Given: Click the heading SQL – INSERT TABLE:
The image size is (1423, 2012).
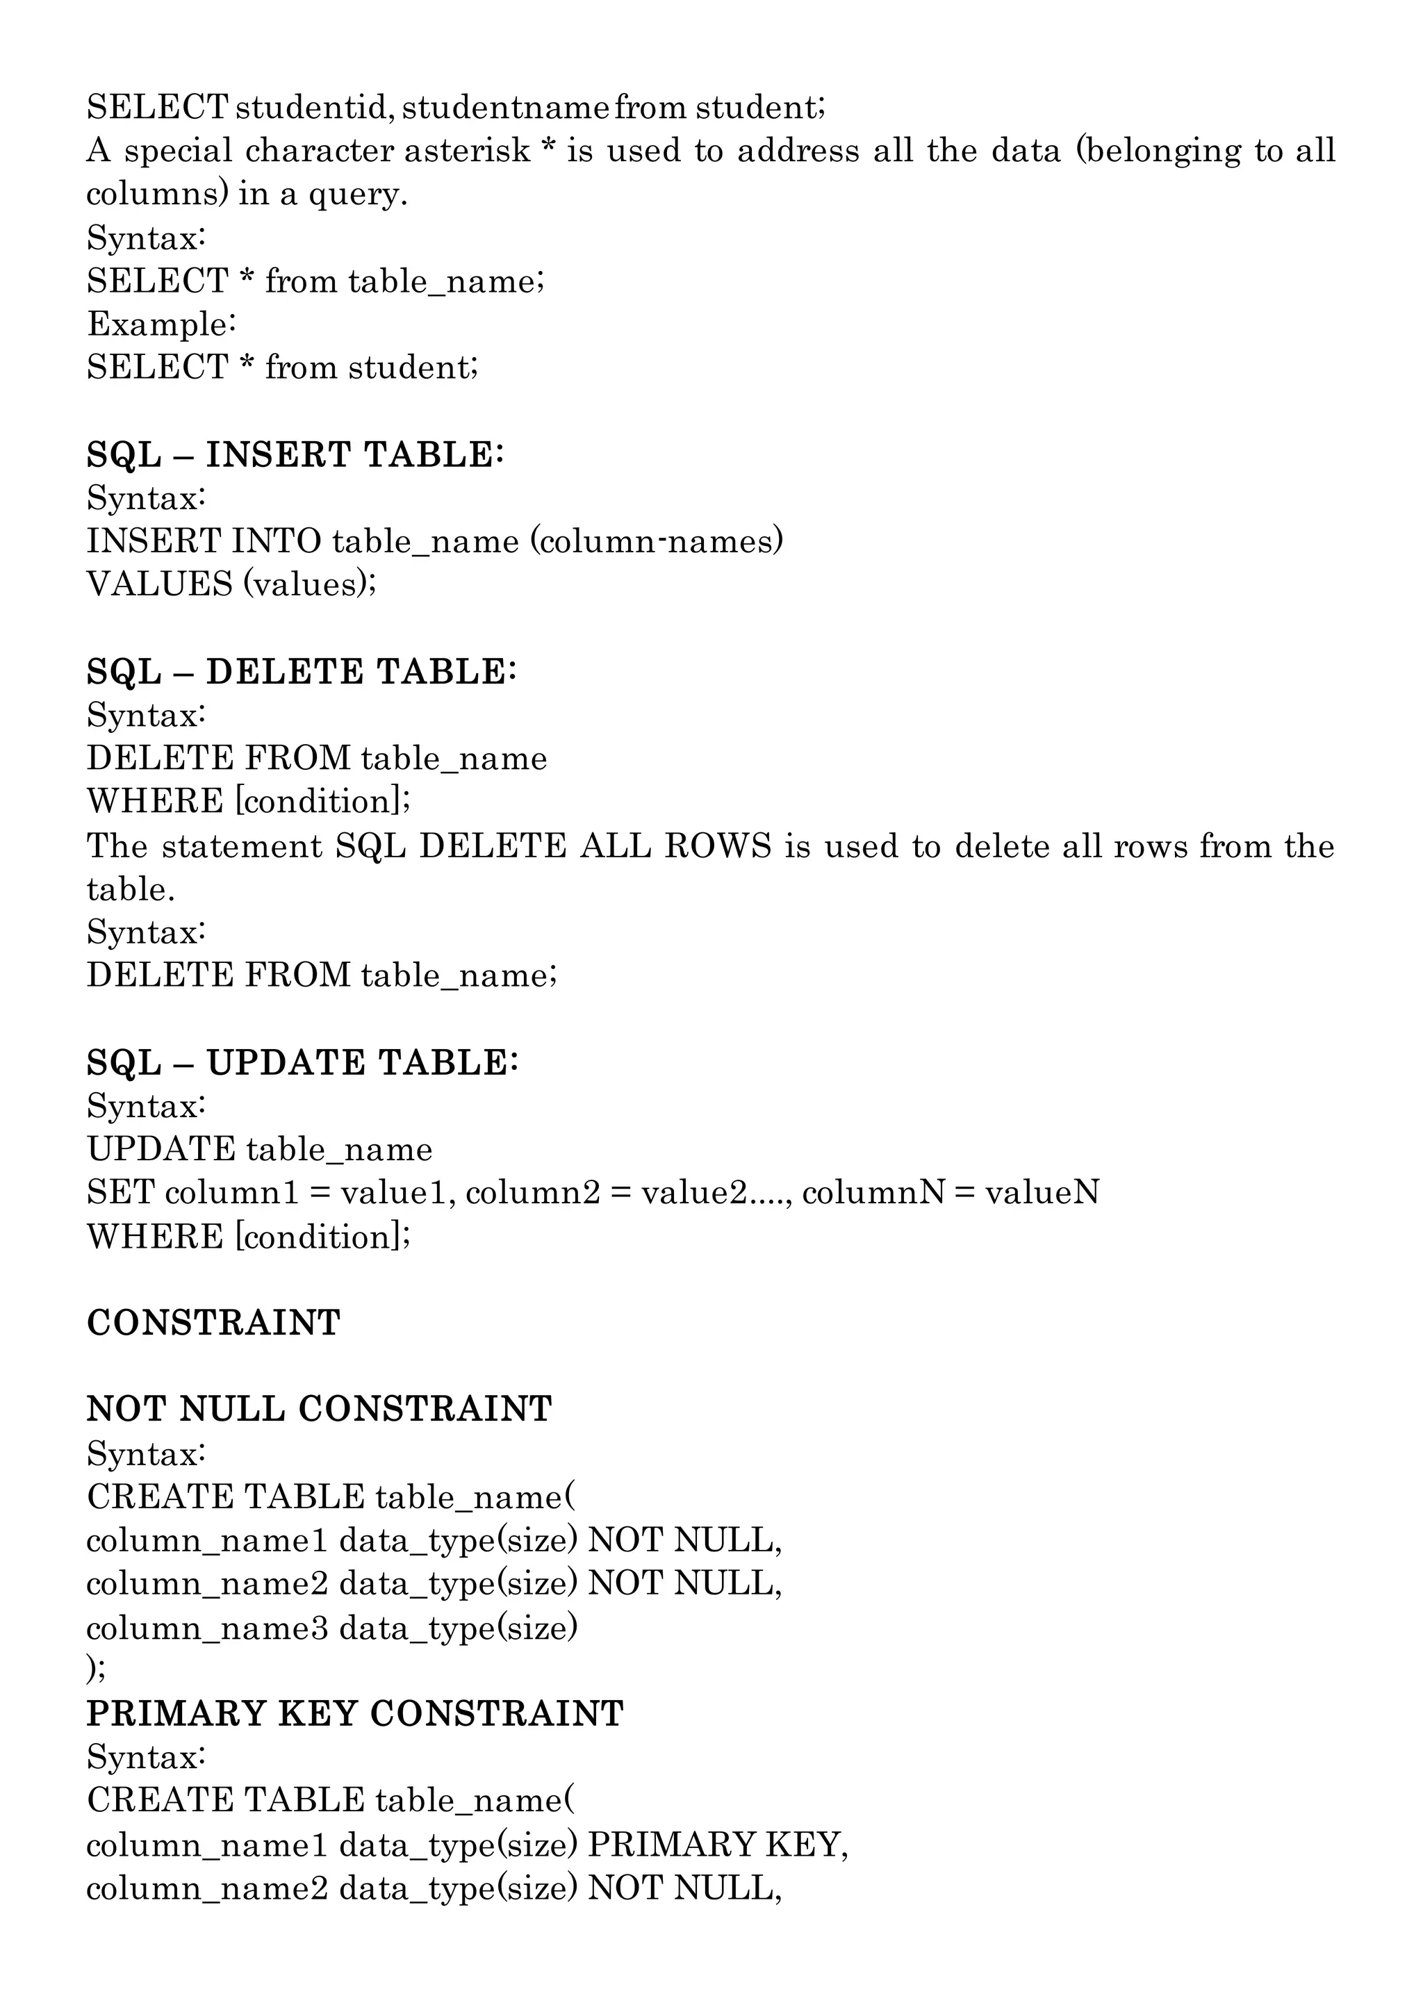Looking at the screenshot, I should click(295, 455).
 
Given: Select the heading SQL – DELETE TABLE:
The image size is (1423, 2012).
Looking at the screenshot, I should click(302, 672).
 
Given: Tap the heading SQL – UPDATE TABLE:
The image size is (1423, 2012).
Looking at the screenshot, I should click(302, 1063).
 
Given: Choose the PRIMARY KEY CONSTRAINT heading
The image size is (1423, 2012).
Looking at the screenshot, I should click(355, 1713).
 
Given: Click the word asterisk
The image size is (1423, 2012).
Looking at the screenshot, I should click(467, 151).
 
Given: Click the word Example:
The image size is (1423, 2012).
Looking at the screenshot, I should click(161, 324).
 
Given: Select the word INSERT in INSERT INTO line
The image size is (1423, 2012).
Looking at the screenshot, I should click(154, 541).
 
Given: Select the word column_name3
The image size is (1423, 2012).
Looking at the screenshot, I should click(207, 1627).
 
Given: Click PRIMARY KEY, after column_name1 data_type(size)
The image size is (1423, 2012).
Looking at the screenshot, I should click(718, 1845).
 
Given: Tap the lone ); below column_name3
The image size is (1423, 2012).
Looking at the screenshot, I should click(97, 1669).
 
